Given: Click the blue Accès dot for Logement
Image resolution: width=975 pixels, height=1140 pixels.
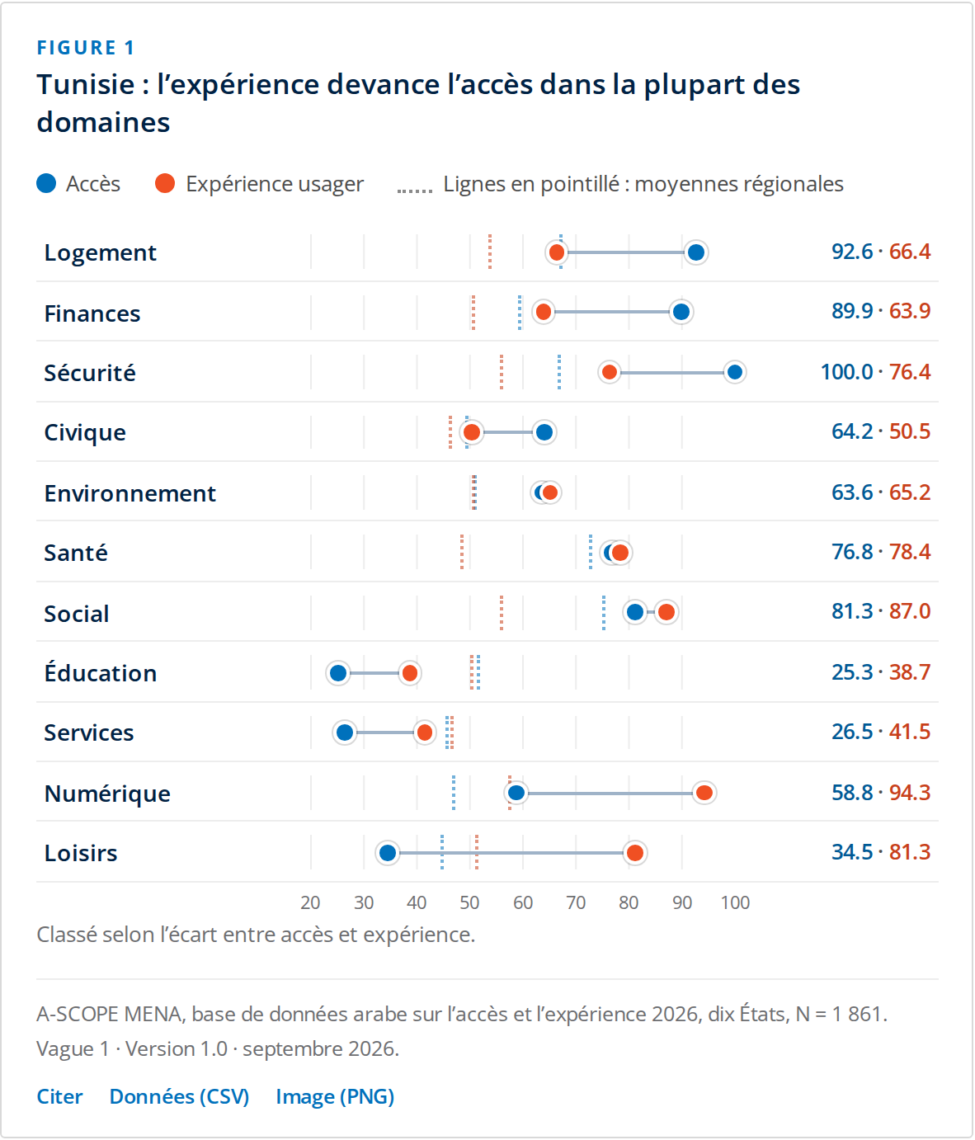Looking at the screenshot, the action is (x=696, y=252).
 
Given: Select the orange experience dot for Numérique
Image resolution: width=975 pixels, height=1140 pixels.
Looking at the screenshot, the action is (x=704, y=793).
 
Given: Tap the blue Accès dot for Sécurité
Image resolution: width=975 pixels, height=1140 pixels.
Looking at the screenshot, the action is (x=735, y=372).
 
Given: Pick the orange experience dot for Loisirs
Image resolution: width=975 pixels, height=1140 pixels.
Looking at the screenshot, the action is (x=635, y=853).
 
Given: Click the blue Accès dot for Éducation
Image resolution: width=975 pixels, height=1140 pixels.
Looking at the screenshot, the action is (x=338, y=673).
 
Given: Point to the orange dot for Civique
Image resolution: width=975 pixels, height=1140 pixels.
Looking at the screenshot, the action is (x=472, y=432).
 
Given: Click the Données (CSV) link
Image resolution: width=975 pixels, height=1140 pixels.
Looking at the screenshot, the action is (x=179, y=1096).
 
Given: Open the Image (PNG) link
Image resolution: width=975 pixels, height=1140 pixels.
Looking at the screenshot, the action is (x=335, y=1096).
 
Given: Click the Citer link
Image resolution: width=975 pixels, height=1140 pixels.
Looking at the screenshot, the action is (x=59, y=1096).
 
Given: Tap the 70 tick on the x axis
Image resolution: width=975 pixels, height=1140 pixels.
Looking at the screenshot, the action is (x=576, y=902).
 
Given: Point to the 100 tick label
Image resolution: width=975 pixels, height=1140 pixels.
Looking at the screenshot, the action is (x=735, y=902).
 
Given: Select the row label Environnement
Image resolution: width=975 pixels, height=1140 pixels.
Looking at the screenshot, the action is (x=130, y=493).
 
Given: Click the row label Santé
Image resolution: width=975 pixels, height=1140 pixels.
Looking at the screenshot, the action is (x=76, y=552).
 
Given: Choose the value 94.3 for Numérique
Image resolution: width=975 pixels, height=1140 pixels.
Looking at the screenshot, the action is (x=909, y=793).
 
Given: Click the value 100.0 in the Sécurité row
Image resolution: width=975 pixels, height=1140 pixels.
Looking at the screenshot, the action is (x=846, y=372).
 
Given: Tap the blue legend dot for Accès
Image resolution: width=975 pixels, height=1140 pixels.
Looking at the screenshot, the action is (x=46, y=184).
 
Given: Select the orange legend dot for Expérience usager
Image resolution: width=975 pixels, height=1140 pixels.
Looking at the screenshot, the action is (x=165, y=184).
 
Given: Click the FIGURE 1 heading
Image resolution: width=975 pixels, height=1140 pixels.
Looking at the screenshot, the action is (x=86, y=48).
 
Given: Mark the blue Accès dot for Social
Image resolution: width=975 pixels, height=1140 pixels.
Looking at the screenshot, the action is (x=635, y=612).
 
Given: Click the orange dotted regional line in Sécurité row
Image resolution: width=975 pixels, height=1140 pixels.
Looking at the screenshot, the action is (x=502, y=372).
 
